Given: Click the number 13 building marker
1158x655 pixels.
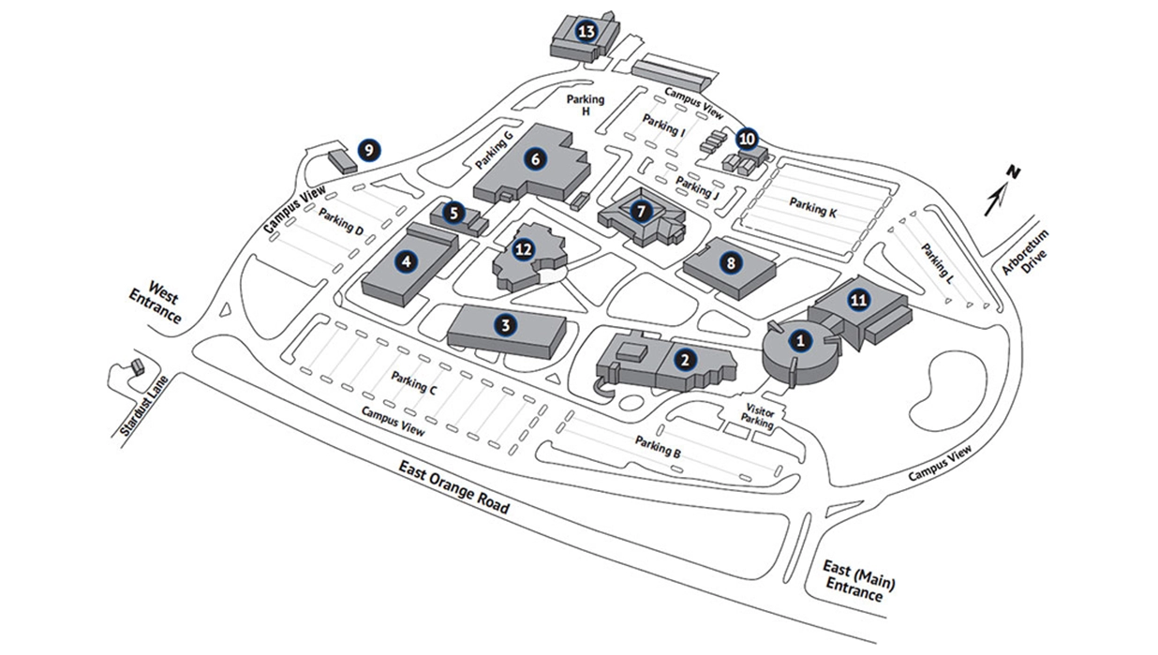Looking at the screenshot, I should point(586,32).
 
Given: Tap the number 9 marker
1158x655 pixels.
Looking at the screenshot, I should point(369,149).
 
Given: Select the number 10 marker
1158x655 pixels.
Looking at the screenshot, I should point(747,139).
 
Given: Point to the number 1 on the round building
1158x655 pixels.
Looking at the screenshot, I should point(799,341).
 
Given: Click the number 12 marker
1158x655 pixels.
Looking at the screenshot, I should point(524,249).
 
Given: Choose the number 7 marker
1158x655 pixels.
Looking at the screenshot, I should point(641,211).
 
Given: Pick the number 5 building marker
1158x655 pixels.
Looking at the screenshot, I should point(454,213).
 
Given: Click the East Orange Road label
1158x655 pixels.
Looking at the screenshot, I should point(453,488).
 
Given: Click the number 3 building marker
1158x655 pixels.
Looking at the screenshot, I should point(505,325).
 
